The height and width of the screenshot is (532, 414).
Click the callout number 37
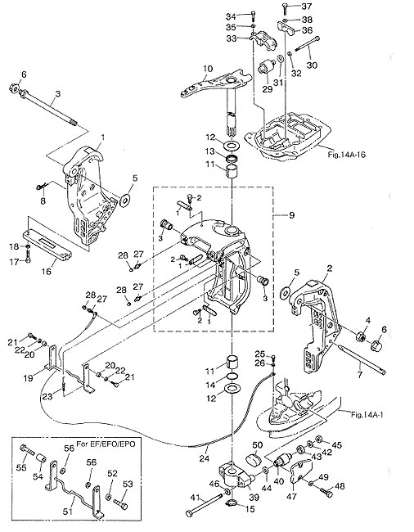[307, 7]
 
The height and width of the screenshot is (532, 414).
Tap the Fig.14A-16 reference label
[347, 155]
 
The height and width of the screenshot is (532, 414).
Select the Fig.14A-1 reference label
[367, 414]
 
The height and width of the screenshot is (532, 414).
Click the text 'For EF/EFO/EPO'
[106, 444]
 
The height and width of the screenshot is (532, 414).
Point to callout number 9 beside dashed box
[291, 215]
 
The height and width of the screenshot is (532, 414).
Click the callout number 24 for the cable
[205, 458]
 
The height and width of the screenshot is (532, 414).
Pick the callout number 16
[47, 271]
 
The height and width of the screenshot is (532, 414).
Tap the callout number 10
[208, 68]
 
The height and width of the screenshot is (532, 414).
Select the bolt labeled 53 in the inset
[120, 503]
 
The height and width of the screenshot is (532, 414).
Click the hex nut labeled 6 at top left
[14, 88]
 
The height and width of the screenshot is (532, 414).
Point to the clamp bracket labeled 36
[286, 28]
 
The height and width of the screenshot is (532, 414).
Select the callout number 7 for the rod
[359, 374]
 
